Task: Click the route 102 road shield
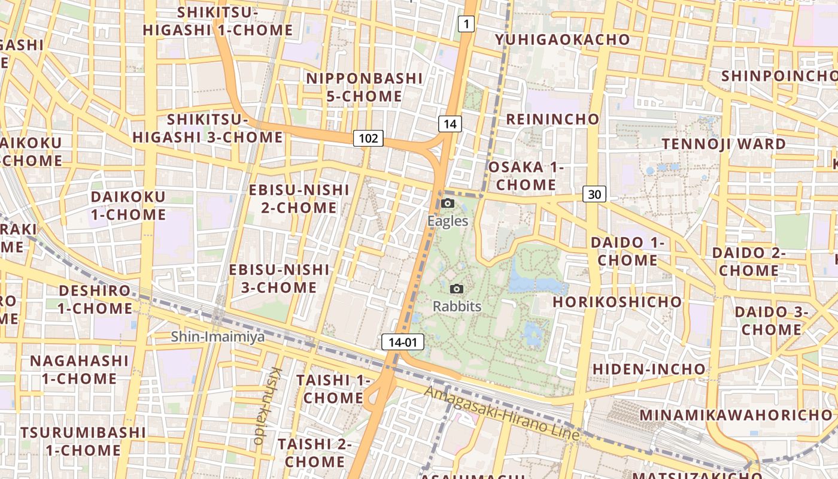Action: (x=368, y=138)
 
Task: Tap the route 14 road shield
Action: (x=450, y=124)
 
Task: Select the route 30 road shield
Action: (x=594, y=194)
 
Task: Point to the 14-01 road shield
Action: (x=402, y=342)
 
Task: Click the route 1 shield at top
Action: (x=466, y=24)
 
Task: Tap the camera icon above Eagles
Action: (x=447, y=204)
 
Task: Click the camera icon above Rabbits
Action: (x=457, y=289)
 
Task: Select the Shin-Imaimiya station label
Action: (x=218, y=337)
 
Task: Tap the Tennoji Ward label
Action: (x=724, y=144)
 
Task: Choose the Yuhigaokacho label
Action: (x=562, y=40)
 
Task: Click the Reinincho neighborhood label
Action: (x=552, y=119)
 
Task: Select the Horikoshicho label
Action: (x=617, y=302)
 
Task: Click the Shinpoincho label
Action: (x=778, y=76)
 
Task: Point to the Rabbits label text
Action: (x=457, y=307)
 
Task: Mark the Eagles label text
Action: (x=448, y=221)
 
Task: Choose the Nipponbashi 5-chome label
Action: (x=364, y=87)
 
